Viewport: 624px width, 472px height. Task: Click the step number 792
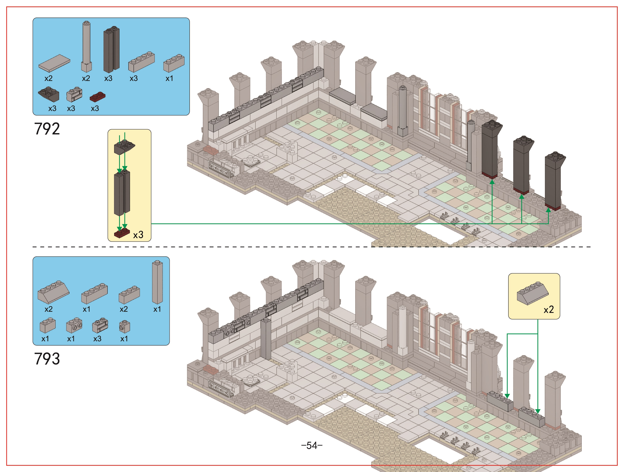pos(47,129)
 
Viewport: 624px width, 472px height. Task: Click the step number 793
pos(47,358)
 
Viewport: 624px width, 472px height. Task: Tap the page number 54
pos(312,445)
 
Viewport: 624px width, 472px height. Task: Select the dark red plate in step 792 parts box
pos(97,96)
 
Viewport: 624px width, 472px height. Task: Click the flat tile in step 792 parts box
pos(54,62)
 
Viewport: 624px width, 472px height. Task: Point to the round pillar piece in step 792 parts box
pos(86,46)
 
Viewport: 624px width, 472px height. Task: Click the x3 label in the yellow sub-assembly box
pos(138,235)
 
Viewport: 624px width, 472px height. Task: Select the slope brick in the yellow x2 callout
pos(533,293)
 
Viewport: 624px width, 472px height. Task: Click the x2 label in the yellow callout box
pos(549,309)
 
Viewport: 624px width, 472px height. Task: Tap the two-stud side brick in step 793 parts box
pos(74,326)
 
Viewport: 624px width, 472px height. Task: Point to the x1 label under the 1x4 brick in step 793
pos(87,309)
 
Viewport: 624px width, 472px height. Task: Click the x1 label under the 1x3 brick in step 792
pos(169,78)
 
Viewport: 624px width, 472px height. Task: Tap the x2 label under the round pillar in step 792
pos(86,78)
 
